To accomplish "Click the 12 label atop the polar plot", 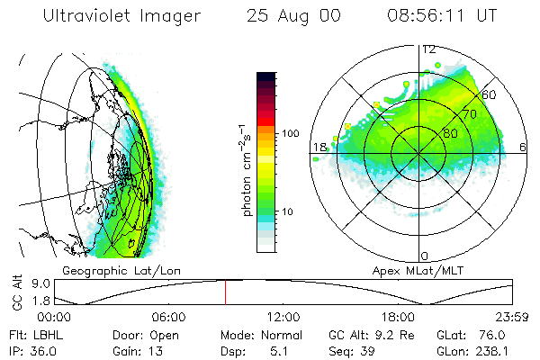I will [x=429, y=49].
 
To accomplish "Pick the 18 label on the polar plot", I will [x=319, y=147].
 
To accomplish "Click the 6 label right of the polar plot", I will [x=523, y=147].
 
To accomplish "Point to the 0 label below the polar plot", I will [x=426, y=256].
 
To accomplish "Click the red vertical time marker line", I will [x=225, y=292].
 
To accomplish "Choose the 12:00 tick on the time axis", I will [x=283, y=317].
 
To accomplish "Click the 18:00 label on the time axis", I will [x=399, y=317].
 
